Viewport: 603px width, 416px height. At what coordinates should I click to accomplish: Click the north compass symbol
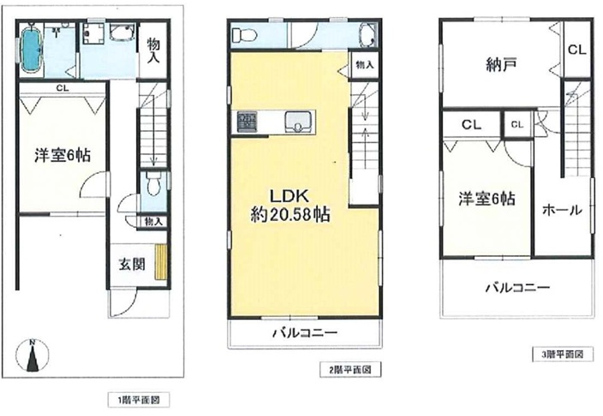pyautogui.click(x=33, y=355)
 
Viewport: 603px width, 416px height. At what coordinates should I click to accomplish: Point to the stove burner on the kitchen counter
pyautogui.click(x=247, y=121)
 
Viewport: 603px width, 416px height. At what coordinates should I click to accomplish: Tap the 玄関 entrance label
pyautogui.click(x=132, y=264)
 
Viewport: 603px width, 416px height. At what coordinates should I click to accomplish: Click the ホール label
pyautogui.click(x=562, y=210)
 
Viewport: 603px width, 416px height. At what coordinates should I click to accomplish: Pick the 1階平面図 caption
pyautogui.click(x=139, y=400)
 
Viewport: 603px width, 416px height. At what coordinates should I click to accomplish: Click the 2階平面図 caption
pyautogui.click(x=350, y=370)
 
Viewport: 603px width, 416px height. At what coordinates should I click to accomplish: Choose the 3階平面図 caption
pyautogui.click(x=562, y=354)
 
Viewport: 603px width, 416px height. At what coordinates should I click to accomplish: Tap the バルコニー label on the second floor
pyautogui.click(x=305, y=333)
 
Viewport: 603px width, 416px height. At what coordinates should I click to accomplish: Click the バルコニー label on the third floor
pyautogui.click(x=517, y=288)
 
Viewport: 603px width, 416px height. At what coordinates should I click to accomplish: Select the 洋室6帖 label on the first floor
pyautogui.click(x=63, y=156)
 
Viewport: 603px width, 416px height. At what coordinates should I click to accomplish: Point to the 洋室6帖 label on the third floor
pyautogui.click(x=487, y=199)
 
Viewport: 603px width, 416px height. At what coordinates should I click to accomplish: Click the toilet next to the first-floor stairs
pyautogui.click(x=153, y=183)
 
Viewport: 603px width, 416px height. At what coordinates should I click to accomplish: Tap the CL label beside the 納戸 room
pyautogui.click(x=576, y=50)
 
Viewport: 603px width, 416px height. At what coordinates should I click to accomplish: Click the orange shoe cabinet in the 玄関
pyautogui.click(x=161, y=262)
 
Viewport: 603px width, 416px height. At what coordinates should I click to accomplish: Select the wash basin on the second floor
pyautogui.click(x=368, y=36)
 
